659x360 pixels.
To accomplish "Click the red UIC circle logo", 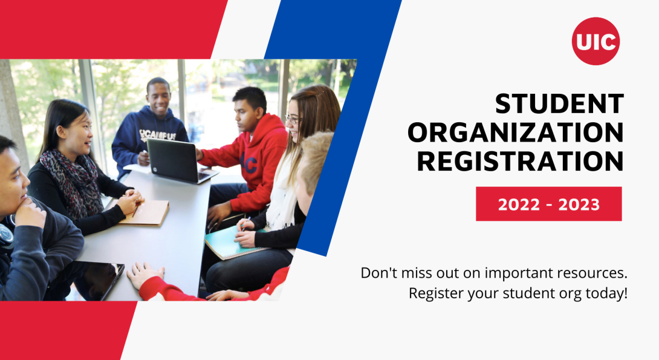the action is coord(596,41).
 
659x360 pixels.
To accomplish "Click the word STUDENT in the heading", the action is coord(559,104).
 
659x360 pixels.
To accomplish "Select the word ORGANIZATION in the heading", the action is coord(516,133).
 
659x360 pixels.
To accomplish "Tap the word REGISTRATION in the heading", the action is coord(521,161).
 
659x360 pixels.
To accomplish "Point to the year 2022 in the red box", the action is coord(519,205).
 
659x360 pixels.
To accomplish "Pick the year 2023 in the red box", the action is coord(579,205).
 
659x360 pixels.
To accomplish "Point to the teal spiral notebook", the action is coord(233,243).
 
